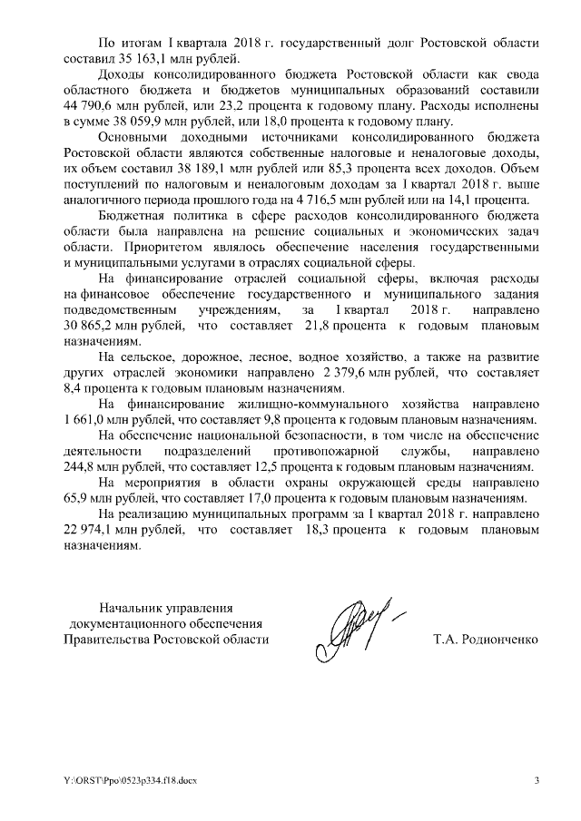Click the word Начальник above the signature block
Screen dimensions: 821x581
pos(136,607)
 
